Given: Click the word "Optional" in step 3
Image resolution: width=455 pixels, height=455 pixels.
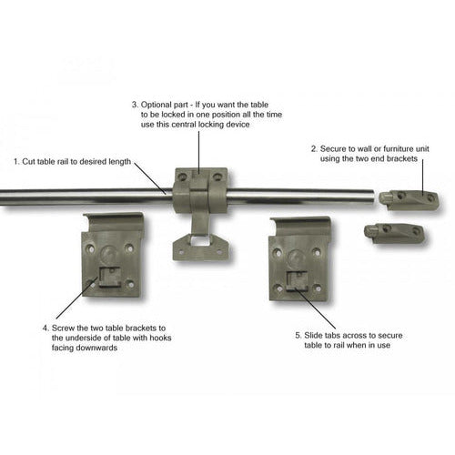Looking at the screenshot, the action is tap(157, 106).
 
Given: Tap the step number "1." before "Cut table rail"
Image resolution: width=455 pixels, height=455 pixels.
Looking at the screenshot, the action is tap(16, 161).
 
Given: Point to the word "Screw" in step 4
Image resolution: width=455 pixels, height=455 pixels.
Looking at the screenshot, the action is tap(63, 329).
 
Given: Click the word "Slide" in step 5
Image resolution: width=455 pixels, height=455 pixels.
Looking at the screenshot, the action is tap(314, 336).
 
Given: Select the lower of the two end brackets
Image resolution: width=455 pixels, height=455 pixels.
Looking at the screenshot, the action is tap(394, 233).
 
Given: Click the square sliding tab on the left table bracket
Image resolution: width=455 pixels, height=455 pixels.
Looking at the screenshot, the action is tap(109, 277).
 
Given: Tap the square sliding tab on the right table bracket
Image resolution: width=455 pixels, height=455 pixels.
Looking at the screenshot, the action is tap(298, 281).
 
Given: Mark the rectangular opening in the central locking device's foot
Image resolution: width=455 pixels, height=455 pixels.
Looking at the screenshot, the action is tap(199, 241).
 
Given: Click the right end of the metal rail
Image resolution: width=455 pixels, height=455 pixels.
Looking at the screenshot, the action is tap(372, 197).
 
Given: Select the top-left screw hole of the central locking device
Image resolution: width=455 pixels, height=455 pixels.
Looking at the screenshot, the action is tap(182, 176).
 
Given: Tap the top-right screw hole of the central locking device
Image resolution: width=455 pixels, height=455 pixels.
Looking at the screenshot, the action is tap(217, 177).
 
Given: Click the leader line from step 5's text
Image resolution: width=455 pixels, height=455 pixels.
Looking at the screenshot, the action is tap(315, 308).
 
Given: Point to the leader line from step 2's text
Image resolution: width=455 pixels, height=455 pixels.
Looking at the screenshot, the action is tap(423, 178).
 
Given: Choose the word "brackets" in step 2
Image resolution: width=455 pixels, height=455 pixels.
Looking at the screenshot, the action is tap(402, 158).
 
